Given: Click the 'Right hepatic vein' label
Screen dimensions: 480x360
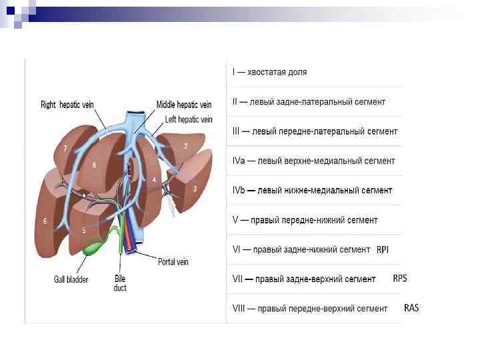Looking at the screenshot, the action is coord(67,105).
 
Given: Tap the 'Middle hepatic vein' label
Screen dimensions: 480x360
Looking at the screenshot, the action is coord(184,105).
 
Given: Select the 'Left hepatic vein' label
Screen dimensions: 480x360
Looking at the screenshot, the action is coord(189,119).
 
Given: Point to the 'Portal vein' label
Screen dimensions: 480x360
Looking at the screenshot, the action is coord(173,262).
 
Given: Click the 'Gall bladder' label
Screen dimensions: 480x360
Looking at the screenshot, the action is coord(71,279).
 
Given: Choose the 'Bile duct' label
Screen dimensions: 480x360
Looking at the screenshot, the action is coord(119,283).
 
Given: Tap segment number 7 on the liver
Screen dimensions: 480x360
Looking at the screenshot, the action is coord(65,147).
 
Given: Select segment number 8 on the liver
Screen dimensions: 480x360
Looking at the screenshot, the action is coord(94,165).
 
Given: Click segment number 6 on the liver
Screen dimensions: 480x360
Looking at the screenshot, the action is coord(45,221).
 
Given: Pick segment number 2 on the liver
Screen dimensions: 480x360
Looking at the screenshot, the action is coord(185,145).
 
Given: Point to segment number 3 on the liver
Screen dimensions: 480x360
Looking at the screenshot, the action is coord(195,189).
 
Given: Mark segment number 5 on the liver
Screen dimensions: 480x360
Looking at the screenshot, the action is coord(84,230).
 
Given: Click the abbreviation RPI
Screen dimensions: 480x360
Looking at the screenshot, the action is coord(383,250).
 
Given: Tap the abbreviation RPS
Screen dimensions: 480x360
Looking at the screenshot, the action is coord(399,278).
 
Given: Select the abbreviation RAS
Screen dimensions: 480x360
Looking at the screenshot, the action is coord(411,308).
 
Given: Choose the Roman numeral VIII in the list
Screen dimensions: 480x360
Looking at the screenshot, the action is coord(239,309).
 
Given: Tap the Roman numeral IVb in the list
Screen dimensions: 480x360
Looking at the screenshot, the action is coord(239,191).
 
